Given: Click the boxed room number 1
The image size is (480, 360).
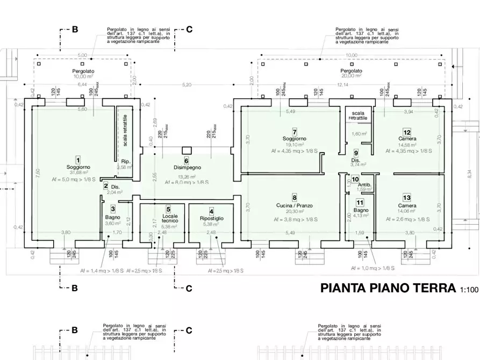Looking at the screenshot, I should [78, 160].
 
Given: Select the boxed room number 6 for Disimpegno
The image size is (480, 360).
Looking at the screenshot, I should [187, 161].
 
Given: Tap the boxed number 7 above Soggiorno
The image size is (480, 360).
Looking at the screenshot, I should [295, 132].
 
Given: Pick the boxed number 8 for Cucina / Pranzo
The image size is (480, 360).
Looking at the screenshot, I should [295, 198].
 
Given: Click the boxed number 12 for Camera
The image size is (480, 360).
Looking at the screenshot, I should [407, 132].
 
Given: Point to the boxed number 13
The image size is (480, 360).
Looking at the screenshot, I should [407, 198].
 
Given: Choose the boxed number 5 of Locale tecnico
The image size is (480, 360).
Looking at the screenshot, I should [168, 209].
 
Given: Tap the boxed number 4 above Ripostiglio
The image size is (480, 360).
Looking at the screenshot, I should [211, 211].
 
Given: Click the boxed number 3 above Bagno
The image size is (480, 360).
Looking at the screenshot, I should [113, 209].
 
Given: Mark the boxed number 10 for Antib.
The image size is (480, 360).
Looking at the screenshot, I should [355, 179].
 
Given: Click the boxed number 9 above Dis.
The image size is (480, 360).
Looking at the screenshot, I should [356, 153].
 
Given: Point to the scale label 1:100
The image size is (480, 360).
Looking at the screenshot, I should [469, 290].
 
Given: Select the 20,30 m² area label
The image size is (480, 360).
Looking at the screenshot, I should [295, 212].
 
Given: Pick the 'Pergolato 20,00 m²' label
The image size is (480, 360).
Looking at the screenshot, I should [351, 73].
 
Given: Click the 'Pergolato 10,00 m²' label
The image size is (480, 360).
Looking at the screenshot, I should [83, 74].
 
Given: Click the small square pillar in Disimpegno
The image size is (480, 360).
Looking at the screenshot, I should [187, 149].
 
